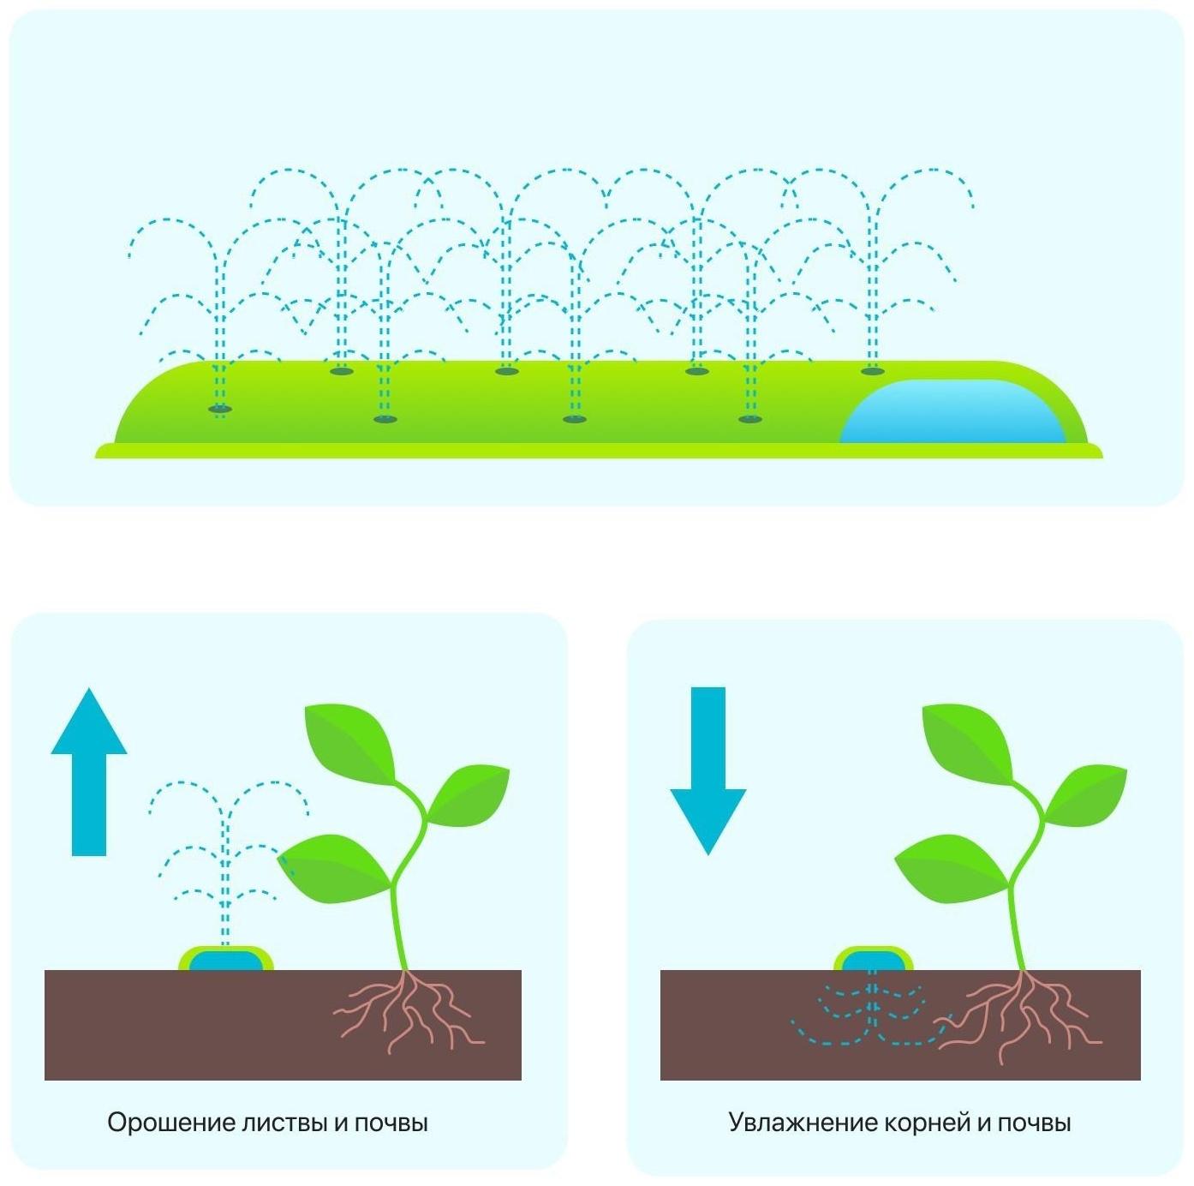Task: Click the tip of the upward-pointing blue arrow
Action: tap(89, 688)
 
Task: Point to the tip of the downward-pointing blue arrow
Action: tap(708, 855)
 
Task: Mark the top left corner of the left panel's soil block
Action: tap(45, 970)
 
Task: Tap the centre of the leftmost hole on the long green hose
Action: tap(220, 409)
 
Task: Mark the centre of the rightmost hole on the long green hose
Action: tap(873, 371)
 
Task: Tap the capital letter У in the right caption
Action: tap(736, 1123)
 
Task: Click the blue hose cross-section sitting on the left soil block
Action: tap(226, 961)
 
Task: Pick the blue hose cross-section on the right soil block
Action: tap(873, 961)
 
